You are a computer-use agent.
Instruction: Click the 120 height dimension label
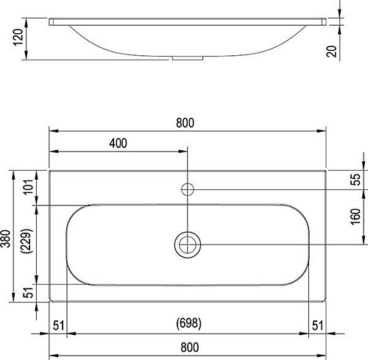(18, 37)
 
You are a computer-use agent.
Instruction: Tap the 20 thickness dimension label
(331, 52)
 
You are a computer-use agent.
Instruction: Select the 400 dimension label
(118, 144)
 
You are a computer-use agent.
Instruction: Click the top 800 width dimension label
(185, 123)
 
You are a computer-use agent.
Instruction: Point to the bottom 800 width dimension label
(190, 347)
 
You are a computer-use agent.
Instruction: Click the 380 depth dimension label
(6, 239)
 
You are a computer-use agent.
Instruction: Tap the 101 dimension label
(28, 187)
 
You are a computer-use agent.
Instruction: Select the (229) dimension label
(26, 241)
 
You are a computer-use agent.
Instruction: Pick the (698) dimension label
(189, 323)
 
